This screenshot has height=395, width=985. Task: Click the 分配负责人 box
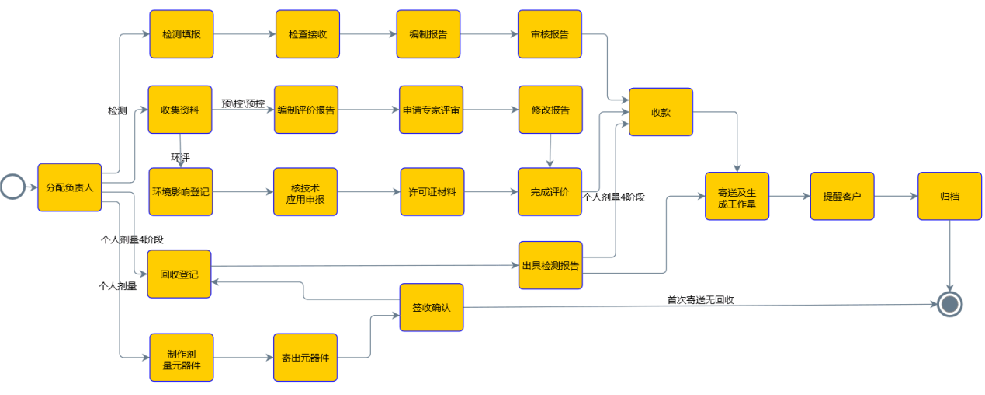70,187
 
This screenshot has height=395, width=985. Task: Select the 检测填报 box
181,34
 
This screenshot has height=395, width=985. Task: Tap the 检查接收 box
307,34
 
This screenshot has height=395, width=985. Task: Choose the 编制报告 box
428,34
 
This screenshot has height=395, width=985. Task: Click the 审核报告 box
550,34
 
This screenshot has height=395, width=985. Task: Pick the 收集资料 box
180,110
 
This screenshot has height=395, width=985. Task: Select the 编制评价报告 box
306,110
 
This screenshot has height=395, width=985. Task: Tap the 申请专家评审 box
431,110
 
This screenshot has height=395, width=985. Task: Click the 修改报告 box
550,110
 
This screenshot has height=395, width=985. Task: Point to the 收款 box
661,112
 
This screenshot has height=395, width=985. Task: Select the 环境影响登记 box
180,191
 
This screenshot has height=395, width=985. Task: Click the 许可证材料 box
432,191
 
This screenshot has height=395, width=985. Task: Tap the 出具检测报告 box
550,265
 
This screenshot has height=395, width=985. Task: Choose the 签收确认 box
432,307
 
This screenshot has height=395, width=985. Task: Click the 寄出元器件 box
305,358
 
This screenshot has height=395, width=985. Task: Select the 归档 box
949,196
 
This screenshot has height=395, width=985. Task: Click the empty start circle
12,187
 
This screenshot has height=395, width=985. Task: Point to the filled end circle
949,304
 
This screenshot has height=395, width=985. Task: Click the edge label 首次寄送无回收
700,299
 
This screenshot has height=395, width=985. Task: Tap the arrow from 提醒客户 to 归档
896,197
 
